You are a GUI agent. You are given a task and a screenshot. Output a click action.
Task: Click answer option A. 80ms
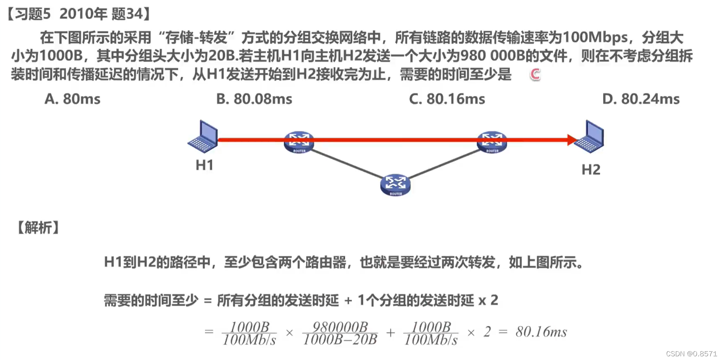click(x=72, y=99)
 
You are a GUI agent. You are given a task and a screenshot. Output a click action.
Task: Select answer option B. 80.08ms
click(x=254, y=99)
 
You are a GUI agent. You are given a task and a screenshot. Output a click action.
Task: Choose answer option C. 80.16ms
click(x=447, y=99)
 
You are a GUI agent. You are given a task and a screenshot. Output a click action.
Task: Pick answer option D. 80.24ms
click(x=640, y=99)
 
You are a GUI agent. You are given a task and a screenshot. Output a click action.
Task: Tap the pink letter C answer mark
click(x=535, y=74)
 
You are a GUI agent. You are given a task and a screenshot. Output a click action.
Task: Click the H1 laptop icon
click(x=203, y=137)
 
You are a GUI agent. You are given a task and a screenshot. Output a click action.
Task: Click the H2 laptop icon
click(x=590, y=137)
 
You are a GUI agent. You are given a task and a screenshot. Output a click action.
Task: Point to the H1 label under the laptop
click(x=205, y=165)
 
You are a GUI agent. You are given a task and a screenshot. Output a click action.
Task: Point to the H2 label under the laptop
click(x=591, y=169)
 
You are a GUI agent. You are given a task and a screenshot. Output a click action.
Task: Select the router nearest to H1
click(x=299, y=142)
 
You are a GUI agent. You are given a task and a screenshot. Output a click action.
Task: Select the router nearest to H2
click(x=492, y=142)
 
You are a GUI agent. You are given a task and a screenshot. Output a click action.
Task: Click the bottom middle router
click(x=395, y=185)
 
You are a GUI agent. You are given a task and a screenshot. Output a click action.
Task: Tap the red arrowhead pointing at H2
click(x=572, y=140)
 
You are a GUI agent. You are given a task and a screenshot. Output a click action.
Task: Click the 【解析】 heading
click(x=38, y=228)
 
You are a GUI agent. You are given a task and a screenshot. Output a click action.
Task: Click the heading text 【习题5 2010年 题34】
click(x=79, y=14)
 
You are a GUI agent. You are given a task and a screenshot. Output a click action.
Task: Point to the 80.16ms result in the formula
click(x=541, y=332)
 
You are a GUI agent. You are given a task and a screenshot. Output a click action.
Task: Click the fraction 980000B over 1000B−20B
click(x=340, y=333)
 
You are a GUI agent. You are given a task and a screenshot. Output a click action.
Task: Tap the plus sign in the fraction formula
click(x=390, y=332)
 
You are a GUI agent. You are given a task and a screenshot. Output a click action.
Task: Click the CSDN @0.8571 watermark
click(x=691, y=354)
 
